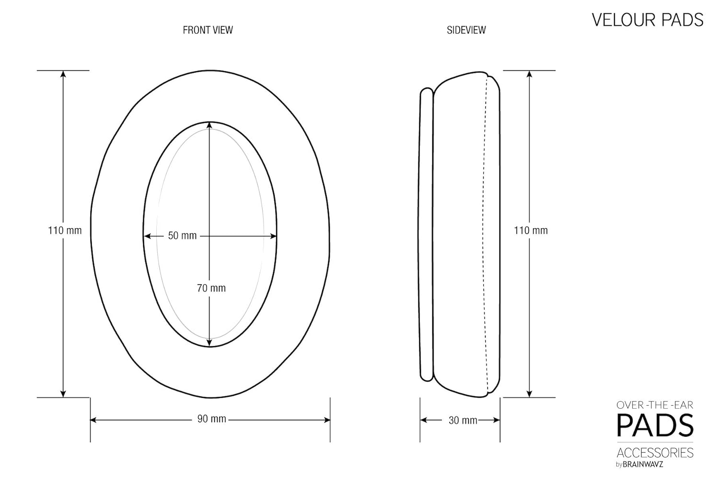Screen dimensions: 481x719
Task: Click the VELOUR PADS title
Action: (647, 20)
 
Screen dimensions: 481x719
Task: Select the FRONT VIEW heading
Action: (208, 30)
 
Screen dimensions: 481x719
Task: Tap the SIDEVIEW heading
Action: (466, 30)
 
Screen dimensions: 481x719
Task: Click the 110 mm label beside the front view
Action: (65, 230)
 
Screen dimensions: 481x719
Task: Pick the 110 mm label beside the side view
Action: (531, 230)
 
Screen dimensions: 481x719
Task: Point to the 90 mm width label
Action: (211, 419)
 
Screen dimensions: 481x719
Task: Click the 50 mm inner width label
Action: (182, 236)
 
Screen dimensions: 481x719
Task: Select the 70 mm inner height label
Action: (211, 288)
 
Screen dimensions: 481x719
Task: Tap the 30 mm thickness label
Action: (463, 420)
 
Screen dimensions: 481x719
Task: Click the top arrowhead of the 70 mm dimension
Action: (210, 126)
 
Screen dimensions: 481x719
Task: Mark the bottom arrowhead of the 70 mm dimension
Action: (210, 343)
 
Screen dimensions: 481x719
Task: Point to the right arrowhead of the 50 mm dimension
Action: (273, 236)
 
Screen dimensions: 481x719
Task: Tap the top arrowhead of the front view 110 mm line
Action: (63, 74)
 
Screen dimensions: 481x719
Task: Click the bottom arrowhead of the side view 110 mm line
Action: (529, 393)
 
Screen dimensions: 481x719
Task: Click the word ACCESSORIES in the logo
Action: (655, 453)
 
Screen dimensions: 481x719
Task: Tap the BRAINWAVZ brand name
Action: (643, 464)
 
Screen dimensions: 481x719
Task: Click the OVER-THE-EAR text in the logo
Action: (655, 405)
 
